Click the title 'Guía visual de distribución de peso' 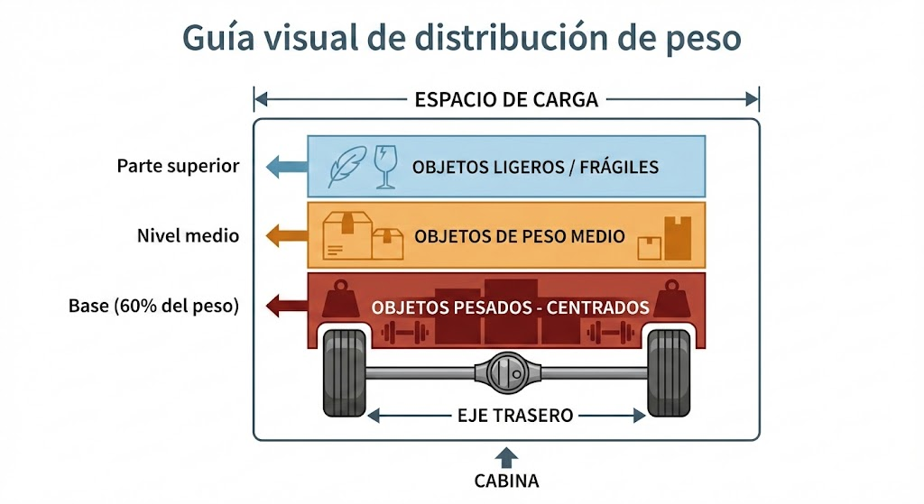[x=462, y=39]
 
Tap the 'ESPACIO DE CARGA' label [x=506, y=99]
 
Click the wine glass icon [x=385, y=168]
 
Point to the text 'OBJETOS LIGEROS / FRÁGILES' [x=535, y=167]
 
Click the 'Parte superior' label [x=179, y=166]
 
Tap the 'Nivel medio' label [x=189, y=236]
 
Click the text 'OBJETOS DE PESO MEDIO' [x=520, y=236]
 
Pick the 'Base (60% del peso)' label [x=153, y=306]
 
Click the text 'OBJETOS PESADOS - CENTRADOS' [x=511, y=307]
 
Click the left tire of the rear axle [x=345, y=372]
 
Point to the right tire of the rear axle [x=670, y=372]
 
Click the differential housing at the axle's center [x=508, y=371]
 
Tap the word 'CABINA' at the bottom [x=506, y=481]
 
